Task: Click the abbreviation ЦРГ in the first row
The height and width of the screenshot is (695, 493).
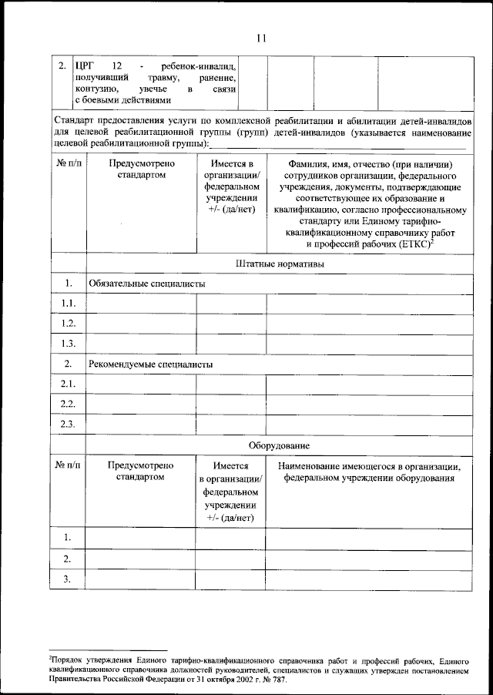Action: [84, 66]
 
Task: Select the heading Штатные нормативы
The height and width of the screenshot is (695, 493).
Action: [279, 264]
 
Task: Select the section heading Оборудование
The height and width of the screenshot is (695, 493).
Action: [279, 445]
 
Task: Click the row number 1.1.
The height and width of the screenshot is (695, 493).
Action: [68, 304]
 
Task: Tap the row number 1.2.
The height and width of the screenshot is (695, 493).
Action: [68, 324]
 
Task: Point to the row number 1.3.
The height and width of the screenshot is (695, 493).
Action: [68, 344]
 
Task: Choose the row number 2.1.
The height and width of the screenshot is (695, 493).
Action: [68, 384]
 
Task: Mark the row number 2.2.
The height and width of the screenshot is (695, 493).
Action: [68, 404]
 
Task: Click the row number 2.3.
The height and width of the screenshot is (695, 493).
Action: [68, 424]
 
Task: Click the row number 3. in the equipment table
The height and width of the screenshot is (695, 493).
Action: [68, 579]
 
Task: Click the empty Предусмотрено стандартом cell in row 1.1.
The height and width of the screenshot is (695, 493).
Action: [140, 304]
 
